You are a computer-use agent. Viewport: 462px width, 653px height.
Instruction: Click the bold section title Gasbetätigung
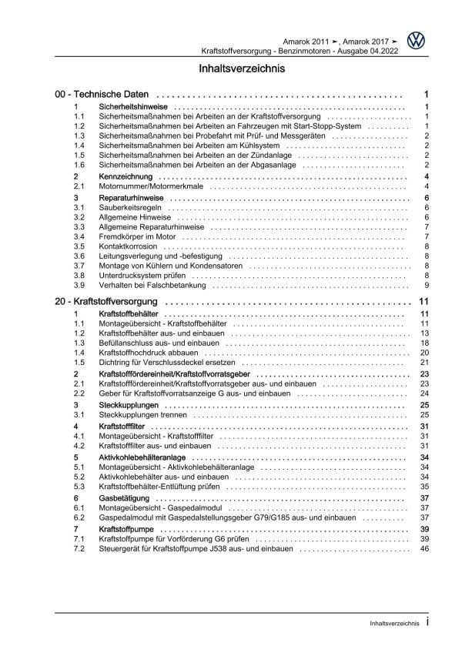click(121, 498)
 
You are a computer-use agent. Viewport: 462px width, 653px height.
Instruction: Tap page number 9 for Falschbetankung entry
click(426, 286)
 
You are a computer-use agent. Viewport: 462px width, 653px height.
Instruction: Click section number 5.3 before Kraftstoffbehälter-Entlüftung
click(79, 487)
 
